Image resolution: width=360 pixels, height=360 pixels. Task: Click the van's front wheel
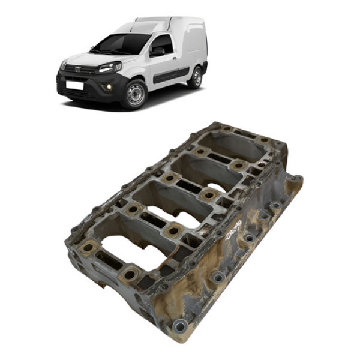[136, 94]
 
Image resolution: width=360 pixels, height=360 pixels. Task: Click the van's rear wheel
[195, 77]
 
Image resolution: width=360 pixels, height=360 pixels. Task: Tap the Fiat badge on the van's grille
[77, 70]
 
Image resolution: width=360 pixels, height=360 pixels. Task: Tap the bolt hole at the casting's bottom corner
[178, 326]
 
